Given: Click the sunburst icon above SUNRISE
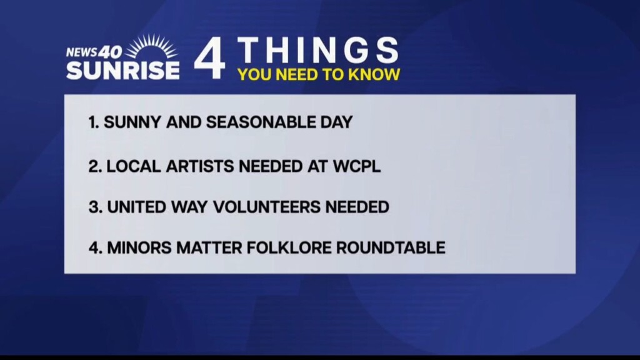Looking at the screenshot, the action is [151, 47].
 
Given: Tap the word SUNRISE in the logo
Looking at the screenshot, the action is [123, 70].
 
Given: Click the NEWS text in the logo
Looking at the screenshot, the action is [81, 52].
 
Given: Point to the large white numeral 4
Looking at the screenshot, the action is [209, 58].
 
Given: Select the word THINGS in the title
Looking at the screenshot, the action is [318, 50].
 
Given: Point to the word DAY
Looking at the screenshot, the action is [336, 122].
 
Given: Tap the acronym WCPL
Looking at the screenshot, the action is [356, 166].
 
